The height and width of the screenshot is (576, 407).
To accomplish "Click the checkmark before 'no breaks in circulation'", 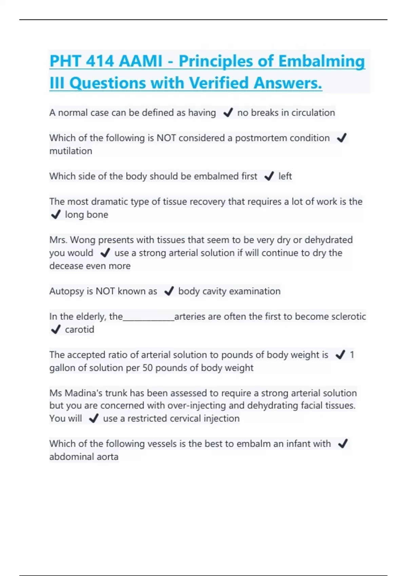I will tap(228, 112).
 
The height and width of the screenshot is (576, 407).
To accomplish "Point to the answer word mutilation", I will tap(71, 151).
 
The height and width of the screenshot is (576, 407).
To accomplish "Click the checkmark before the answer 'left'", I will tap(269, 176).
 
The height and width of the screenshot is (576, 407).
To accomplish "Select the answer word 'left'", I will tap(285, 176).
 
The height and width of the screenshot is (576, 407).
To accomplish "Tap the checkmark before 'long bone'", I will tap(56, 214).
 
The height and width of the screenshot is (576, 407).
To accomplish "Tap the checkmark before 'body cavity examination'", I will tap(169, 291).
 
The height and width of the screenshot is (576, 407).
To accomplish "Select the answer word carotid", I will tap(79, 330).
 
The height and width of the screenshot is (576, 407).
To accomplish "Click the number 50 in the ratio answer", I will tap(147, 368).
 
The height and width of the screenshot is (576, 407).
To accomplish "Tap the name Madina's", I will tap(83, 393).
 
